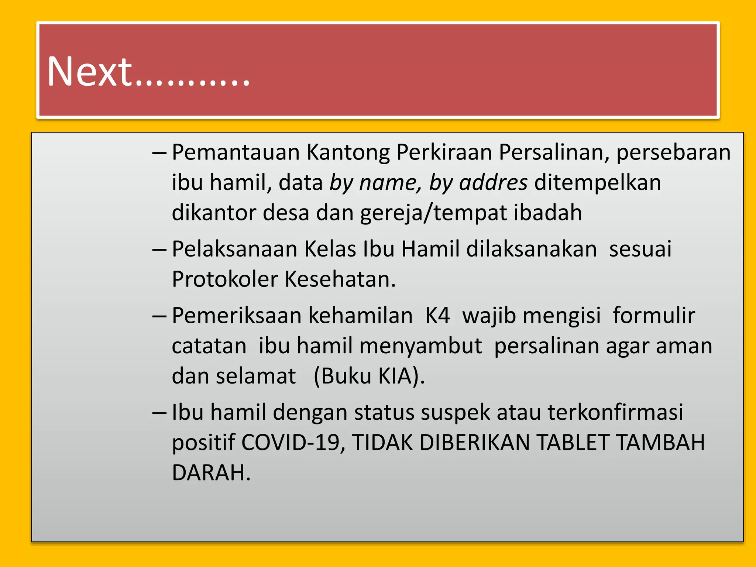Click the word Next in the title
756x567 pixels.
[x=89, y=72]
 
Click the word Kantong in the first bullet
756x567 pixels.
[x=348, y=152]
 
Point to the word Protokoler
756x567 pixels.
[x=225, y=279]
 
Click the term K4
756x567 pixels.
[x=437, y=316]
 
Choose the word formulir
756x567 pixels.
[x=654, y=316]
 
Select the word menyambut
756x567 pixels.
[x=420, y=346]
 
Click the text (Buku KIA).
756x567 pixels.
[x=369, y=376]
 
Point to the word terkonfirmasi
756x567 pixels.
[x=615, y=412]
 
